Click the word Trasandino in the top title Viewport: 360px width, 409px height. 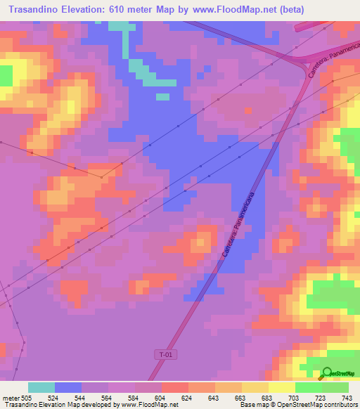(35, 10)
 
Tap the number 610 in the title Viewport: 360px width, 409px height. (132, 10)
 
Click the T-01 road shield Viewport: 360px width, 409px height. (165, 355)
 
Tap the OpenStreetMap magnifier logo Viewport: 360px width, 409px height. (327, 374)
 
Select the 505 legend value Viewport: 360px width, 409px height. (27, 396)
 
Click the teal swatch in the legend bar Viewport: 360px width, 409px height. (41, 387)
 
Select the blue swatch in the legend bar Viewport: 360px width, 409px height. (67, 387)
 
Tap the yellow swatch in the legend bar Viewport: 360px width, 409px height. (281, 387)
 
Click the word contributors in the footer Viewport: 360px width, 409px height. (339, 405)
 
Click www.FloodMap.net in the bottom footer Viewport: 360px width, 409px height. (149, 405)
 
